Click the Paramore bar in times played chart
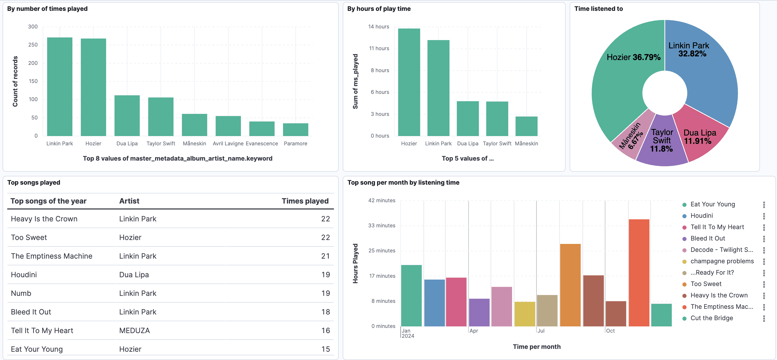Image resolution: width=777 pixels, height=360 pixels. pyautogui.click(x=295, y=130)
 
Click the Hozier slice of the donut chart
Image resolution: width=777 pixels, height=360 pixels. pyautogui.click(x=621, y=91)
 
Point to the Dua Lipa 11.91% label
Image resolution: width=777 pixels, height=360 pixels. pyautogui.click(x=699, y=137)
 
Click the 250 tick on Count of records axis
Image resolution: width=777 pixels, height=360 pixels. pyautogui.click(x=33, y=45)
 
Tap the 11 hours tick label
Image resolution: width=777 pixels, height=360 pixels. pyautogui.click(x=379, y=48)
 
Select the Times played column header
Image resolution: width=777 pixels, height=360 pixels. pyautogui.click(x=305, y=201)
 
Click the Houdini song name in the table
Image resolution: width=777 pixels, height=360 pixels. pyautogui.click(x=24, y=275)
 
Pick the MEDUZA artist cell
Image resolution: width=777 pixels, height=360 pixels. pyautogui.click(x=134, y=331)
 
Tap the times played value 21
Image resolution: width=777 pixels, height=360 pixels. pyautogui.click(x=325, y=256)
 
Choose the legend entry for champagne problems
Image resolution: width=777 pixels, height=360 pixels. pyautogui.click(x=721, y=261)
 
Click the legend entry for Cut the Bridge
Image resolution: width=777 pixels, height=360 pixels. pyautogui.click(x=711, y=318)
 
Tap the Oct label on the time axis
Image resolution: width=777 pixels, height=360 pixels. pyautogui.click(x=610, y=331)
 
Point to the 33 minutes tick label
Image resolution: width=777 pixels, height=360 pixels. pyautogui.click(x=381, y=226)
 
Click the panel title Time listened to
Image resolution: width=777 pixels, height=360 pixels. pyautogui.click(x=598, y=9)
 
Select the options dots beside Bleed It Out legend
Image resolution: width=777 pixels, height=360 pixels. pyautogui.click(x=764, y=238)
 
